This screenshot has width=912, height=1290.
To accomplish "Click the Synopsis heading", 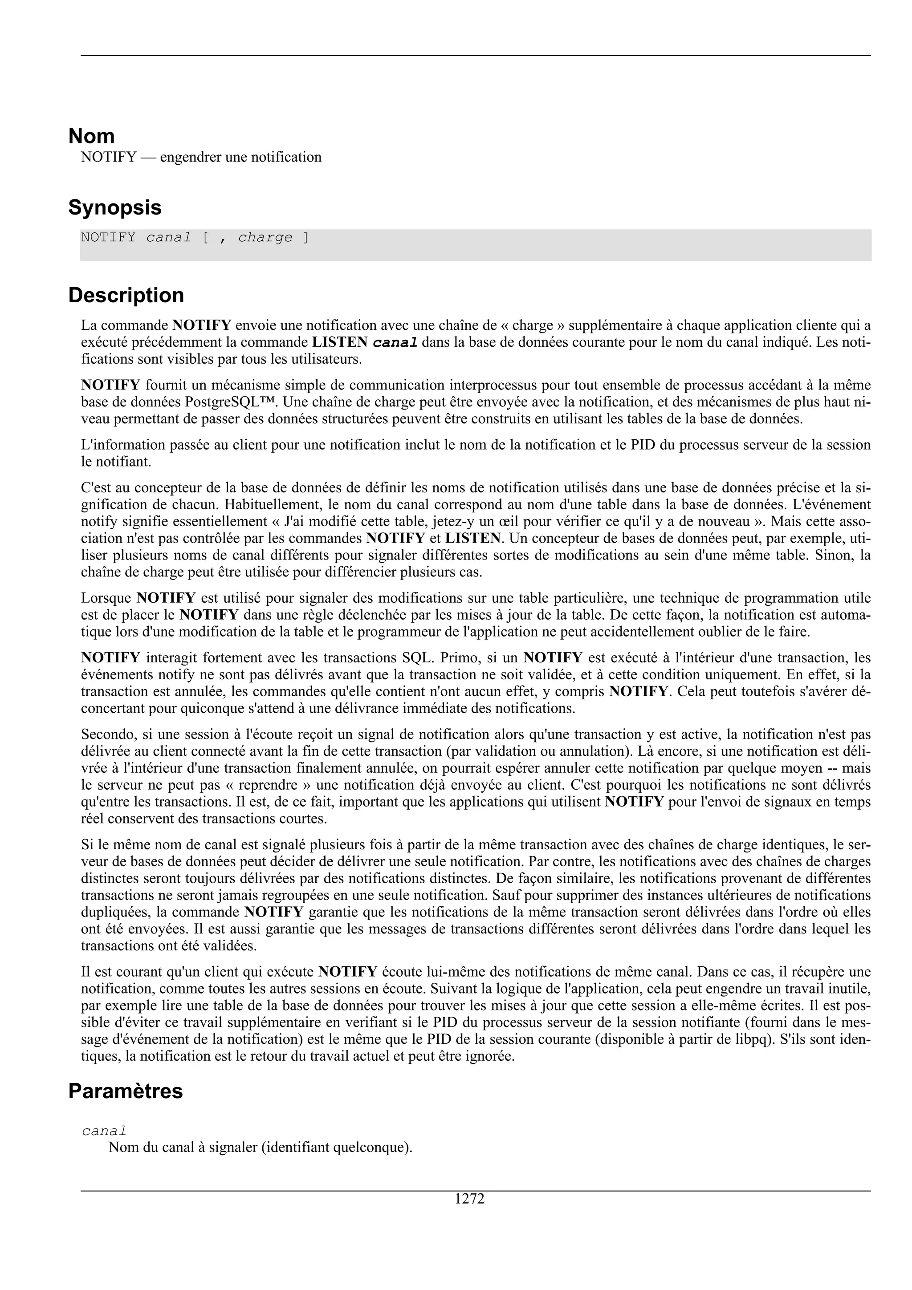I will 114,208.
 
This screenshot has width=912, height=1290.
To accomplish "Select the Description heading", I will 126,296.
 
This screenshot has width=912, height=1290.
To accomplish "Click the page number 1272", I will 469,1199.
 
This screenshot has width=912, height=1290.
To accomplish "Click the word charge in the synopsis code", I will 265,238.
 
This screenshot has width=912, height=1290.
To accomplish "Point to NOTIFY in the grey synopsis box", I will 108,238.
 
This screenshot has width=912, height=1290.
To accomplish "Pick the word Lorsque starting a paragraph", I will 106,598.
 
